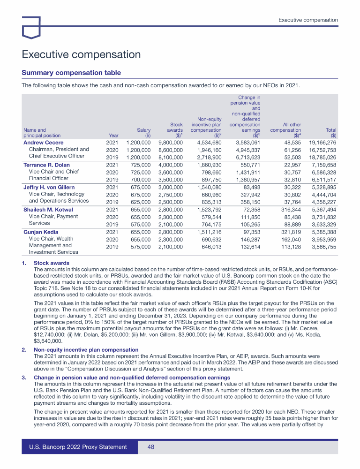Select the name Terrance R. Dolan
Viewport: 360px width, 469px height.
click(46, 165)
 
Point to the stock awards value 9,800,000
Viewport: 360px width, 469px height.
click(171, 142)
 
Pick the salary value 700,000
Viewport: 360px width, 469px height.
click(138, 180)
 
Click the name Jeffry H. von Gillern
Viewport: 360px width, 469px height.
click(49, 188)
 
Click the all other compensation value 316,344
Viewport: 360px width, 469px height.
click(289, 210)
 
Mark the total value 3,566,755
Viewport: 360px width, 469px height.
click(324, 247)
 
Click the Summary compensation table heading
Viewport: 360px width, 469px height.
click(71, 73)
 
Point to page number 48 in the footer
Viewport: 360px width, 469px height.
click(151, 447)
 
